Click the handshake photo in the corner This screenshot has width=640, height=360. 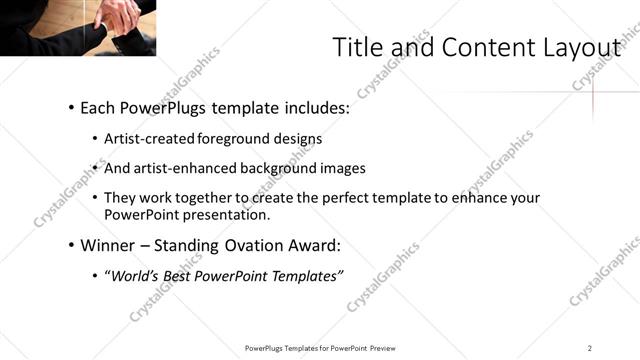click(77, 27)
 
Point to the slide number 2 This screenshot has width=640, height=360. click(590, 347)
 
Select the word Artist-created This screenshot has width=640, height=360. click(150, 138)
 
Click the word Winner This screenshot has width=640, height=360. click(108, 244)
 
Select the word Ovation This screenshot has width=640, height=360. click(247, 244)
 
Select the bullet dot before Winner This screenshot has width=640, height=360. click(71, 245)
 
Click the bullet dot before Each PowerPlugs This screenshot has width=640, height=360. click(71, 107)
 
